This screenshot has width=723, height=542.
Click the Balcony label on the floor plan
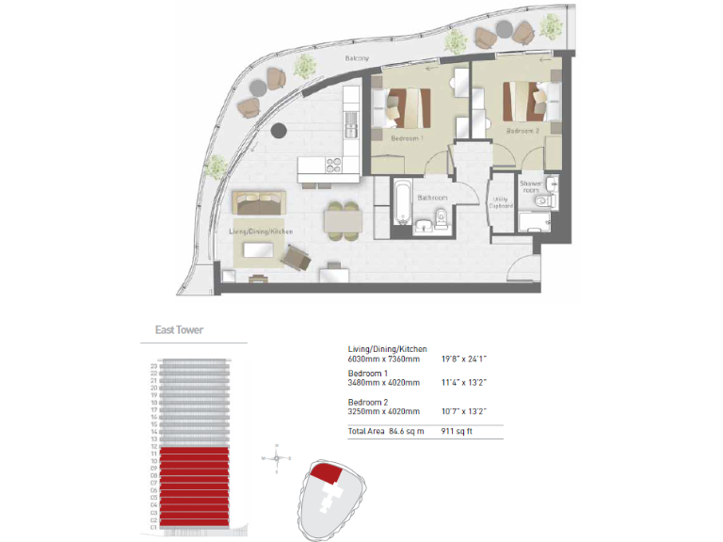pos(356,59)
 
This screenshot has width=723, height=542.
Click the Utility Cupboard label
pos(501,202)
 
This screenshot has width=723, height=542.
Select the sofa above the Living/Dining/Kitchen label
pos(257,203)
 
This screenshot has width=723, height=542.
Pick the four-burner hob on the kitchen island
pos(336,165)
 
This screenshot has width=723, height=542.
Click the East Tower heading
pos(179,330)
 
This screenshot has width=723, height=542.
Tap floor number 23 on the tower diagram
pos(153,365)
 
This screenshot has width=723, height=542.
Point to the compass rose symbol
pos(276,458)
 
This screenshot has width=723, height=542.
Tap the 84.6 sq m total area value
pos(407,431)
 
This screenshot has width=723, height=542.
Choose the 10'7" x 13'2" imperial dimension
pos(465,411)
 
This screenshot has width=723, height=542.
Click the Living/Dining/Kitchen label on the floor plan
pos(261,231)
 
